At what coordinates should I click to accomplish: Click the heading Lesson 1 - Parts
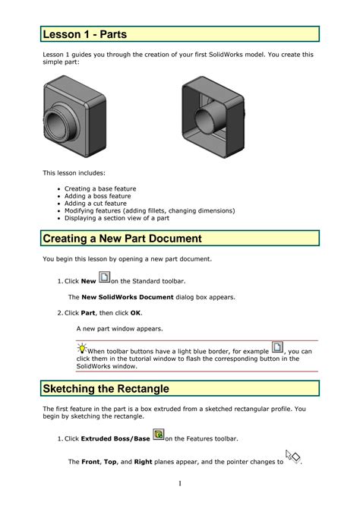point(84,34)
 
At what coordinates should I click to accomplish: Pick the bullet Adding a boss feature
point(97,196)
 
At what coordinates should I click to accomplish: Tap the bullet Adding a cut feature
point(95,204)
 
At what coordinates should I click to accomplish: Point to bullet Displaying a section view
point(116,218)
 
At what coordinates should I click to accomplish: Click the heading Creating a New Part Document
point(122,239)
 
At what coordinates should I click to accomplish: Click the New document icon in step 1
point(105,278)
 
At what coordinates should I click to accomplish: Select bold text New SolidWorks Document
point(122,296)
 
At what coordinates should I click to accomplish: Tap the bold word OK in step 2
point(135,312)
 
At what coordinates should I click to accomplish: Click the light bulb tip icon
point(81,349)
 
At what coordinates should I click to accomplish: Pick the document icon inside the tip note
point(277,348)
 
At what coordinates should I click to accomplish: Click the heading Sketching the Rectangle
point(106,388)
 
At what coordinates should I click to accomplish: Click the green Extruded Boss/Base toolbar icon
point(158,435)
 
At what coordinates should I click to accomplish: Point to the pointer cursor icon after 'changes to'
point(292,457)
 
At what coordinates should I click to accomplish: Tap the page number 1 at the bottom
point(180,484)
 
